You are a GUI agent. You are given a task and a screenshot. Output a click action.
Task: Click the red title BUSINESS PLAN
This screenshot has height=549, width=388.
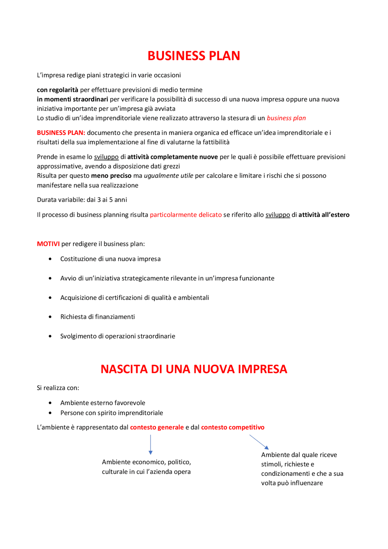click(194, 56)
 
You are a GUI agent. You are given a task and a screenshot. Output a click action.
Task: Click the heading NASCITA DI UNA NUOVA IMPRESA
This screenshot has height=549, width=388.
click(194, 369)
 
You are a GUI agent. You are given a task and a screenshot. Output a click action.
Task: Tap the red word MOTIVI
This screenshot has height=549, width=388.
click(48, 244)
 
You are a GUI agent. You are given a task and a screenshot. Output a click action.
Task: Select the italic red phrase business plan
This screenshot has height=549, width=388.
click(286, 118)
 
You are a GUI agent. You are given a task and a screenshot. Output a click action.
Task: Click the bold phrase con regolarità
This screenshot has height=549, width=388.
click(58, 90)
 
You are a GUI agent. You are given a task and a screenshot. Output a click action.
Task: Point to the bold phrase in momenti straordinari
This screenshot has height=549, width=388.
click(72, 99)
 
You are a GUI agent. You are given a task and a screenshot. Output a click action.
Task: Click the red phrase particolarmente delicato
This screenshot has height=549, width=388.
click(186, 215)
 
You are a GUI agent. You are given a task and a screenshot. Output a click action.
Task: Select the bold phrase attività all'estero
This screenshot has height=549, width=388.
click(324, 215)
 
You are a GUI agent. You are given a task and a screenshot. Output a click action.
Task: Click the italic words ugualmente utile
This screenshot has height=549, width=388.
click(169, 176)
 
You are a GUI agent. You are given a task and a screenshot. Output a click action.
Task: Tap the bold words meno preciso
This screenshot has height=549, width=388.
click(111, 176)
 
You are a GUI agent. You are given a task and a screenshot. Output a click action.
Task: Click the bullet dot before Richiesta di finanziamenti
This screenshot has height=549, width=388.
click(50, 317)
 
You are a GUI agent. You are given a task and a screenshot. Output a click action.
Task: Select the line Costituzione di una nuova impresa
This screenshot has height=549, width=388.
click(110, 259)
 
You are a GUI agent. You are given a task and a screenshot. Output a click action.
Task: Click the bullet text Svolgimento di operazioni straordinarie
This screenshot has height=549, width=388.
click(118, 336)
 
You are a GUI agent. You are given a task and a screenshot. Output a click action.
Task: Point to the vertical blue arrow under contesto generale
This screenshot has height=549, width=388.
click(151, 444)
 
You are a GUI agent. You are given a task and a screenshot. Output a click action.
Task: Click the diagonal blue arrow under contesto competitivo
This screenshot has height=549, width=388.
click(259, 442)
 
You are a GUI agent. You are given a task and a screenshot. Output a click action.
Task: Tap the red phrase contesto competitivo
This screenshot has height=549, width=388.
click(232, 427)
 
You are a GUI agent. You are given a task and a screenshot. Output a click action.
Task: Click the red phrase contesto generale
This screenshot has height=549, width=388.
click(157, 427)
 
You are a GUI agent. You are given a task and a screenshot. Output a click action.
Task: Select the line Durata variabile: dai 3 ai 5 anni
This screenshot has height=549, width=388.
click(82, 200)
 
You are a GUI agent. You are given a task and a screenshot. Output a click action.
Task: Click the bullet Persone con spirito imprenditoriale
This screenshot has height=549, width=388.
click(112, 413)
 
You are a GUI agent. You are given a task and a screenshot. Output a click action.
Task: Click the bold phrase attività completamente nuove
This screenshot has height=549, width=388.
click(172, 157)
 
